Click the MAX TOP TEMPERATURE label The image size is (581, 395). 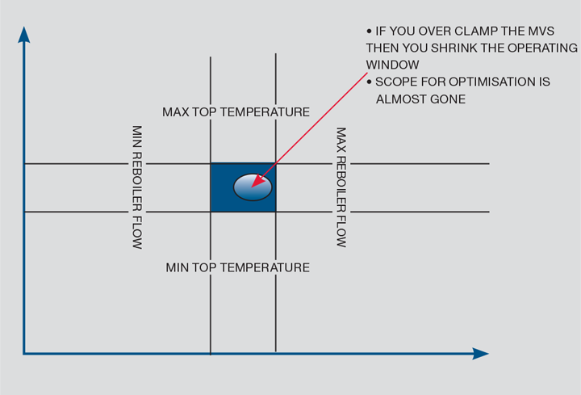236,112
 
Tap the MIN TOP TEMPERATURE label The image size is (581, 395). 237,267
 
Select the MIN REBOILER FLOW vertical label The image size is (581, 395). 137,187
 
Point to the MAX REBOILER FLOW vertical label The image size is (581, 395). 341,187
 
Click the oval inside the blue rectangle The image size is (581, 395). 253,187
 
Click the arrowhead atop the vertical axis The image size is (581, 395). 24,35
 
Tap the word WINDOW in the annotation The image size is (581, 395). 392,65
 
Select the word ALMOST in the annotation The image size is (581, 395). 401,99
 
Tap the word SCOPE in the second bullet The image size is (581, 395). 395,82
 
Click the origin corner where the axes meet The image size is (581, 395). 24,353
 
